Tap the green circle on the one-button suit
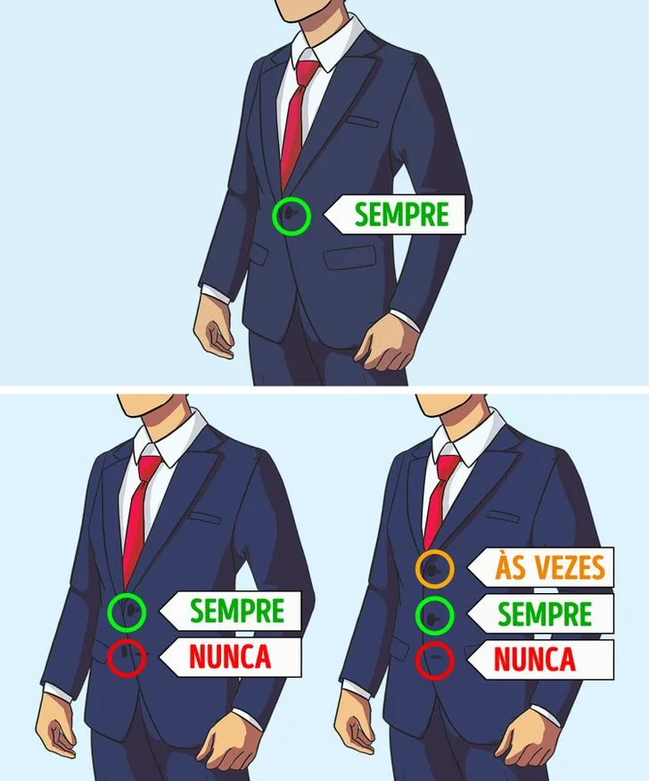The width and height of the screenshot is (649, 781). click(292, 216)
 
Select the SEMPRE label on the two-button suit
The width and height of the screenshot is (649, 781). click(236, 611)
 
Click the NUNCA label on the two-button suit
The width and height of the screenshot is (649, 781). click(229, 657)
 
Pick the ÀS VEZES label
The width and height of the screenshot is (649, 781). click(550, 567)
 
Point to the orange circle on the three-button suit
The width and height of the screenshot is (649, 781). click(435, 568)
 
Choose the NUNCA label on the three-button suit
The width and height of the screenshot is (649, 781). click(535, 660)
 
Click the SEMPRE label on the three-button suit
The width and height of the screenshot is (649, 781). click(544, 614)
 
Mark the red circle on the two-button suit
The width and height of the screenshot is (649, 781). click(127, 657)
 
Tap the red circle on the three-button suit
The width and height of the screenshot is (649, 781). click(435, 660)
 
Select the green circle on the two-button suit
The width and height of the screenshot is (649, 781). click(127, 611)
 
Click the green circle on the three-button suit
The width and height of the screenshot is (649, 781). click(435, 614)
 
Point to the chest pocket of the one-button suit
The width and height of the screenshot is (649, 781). click(365, 120)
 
